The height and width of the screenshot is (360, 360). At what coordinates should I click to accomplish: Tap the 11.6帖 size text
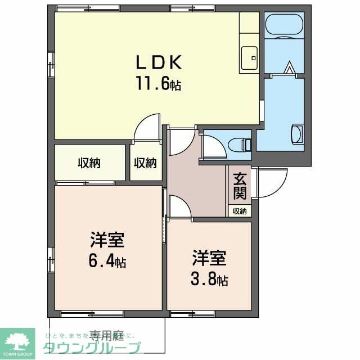tap(157, 84)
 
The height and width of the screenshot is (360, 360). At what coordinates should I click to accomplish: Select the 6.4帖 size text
tap(107, 262)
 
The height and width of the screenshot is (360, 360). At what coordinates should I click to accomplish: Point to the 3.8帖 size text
tap(209, 279)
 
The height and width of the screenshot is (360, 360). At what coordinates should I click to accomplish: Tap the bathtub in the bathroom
tap(284, 25)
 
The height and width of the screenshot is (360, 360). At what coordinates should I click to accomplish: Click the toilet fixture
tap(245, 145)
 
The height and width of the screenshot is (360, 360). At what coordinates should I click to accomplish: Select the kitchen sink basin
tap(248, 56)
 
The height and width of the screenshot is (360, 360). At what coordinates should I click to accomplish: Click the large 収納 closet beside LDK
tap(89, 163)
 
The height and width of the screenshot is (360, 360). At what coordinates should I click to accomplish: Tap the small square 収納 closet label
tap(145, 163)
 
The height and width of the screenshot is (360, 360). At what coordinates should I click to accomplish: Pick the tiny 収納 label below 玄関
tap(240, 211)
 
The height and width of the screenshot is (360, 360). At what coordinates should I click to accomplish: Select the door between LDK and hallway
tap(148, 127)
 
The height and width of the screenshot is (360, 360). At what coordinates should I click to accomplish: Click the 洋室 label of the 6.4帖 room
tap(107, 240)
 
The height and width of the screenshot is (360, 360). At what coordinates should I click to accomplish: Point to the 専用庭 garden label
tap(106, 336)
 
